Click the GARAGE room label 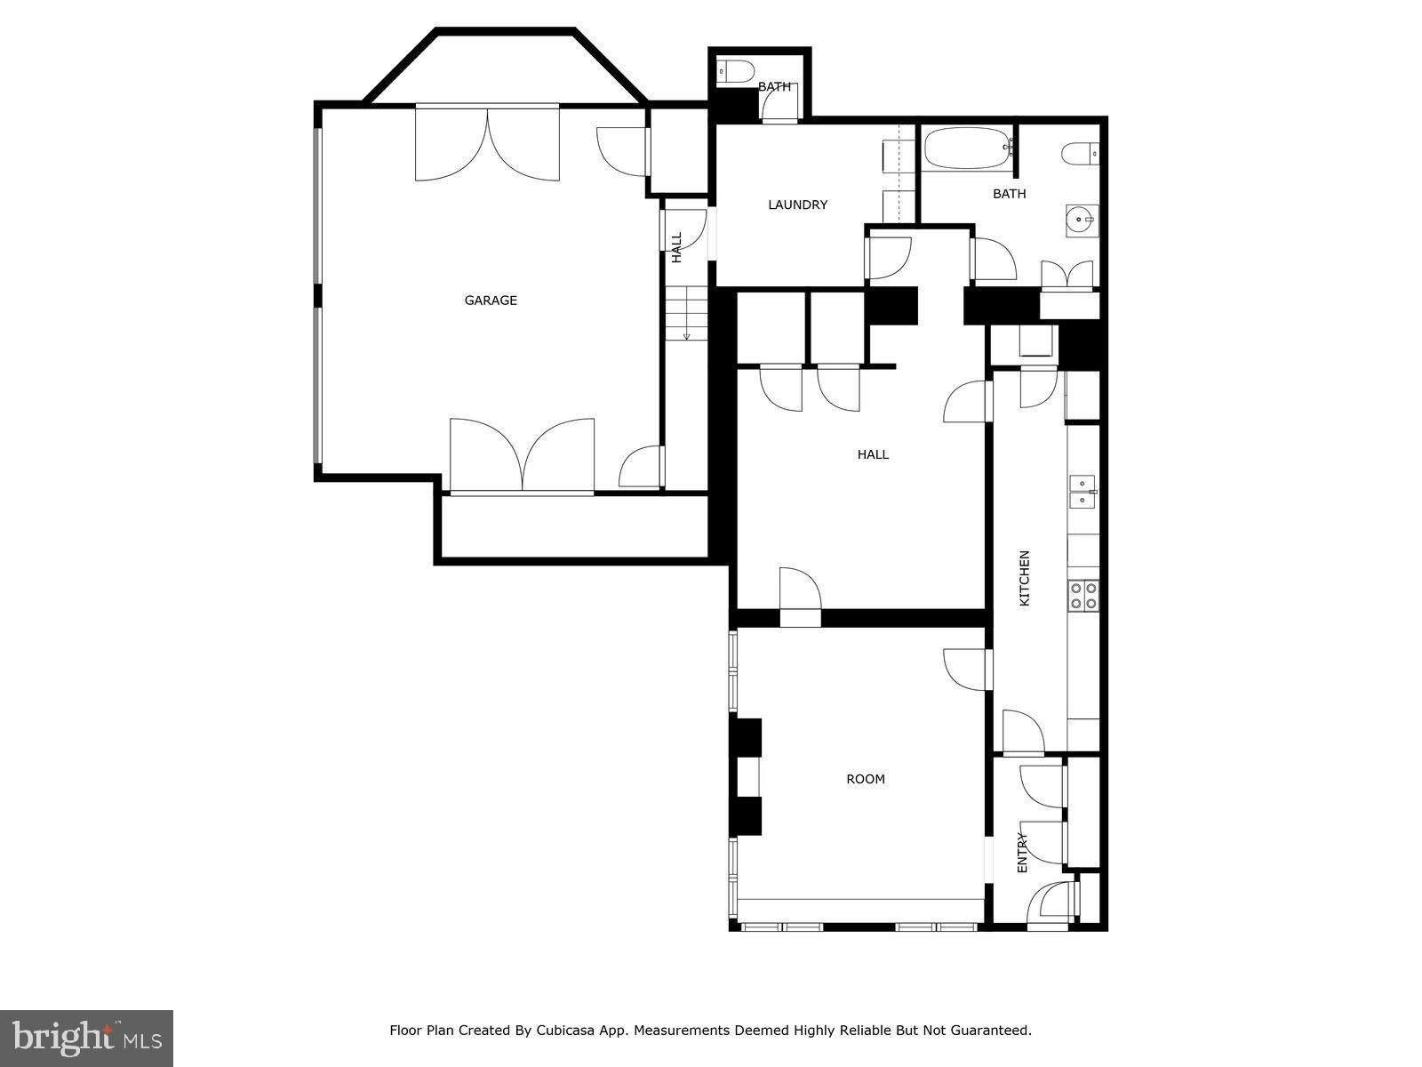pyautogui.click(x=491, y=301)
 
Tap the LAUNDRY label pyautogui.click(x=797, y=205)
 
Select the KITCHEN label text pyautogui.click(x=1024, y=578)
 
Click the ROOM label pyautogui.click(x=865, y=779)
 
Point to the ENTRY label pyautogui.click(x=1022, y=852)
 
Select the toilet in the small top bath pyautogui.click(x=735, y=70)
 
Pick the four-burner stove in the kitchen pyautogui.click(x=1083, y=595)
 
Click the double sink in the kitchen pyautogui.click(x=1082, y=491)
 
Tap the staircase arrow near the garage pyautogui.click(x=686, y=334)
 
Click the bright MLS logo pyautogui.click(x=86, y=1037)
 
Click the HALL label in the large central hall pyautogui.click(x=873, y=454)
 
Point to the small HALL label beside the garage pyautogui.click(x=676, y=247)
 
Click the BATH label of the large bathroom pyautogui.click(x=1009, y=194)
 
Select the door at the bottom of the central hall pyautogui.click(x=800, y=591)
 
